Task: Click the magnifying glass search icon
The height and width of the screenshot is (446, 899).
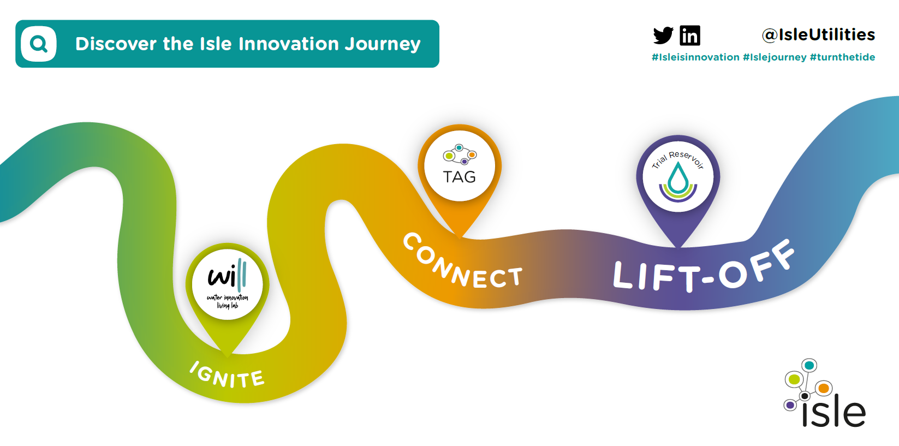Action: click(x=38, y=44)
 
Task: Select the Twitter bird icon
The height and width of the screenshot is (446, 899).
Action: click(x=663, y=35)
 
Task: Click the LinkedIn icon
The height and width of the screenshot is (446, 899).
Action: click(x=690, y=35)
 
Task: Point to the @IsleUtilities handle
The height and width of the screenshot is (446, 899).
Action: click(x=818, y=35)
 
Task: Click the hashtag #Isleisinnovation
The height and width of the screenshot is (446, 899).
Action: click(x=695, y=57)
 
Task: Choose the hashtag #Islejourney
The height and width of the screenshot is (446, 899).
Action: click(x=775, y=57)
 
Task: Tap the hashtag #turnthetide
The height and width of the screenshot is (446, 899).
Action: click(x=842, y=57)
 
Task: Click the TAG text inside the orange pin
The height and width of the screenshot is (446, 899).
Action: click(x=459, y=177)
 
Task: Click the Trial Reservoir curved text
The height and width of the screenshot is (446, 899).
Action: click(x=678, y=158)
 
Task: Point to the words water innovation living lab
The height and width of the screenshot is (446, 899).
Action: click(x=227, y=301)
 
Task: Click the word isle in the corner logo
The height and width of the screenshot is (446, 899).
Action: click(x=833, y=413)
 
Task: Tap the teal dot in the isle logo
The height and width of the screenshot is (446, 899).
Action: click(x=809, y=365)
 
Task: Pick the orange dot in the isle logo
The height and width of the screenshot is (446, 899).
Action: click(x=823, y=389)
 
